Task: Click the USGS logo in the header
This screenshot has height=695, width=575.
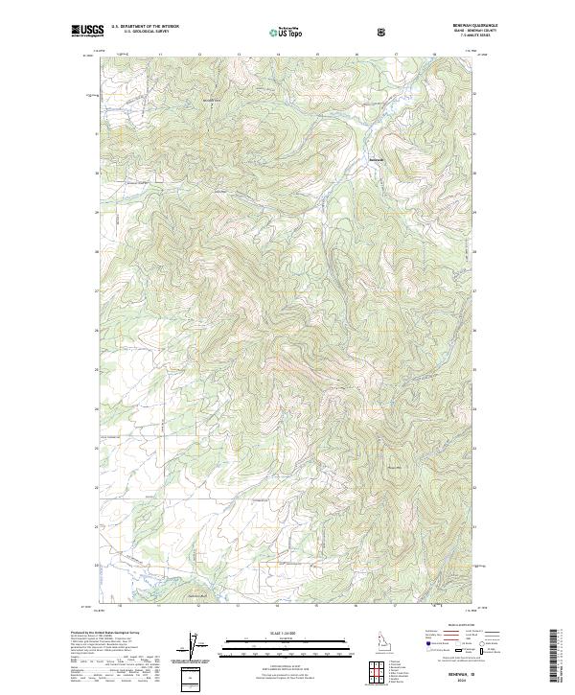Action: coord(87,31)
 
